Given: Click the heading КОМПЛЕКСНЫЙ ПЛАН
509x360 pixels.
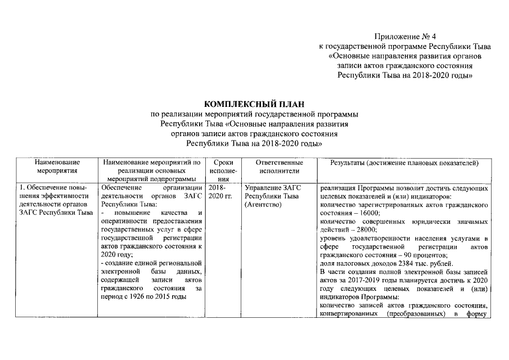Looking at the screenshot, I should pos(254,104).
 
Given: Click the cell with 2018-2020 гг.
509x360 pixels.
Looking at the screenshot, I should pos(220,192).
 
